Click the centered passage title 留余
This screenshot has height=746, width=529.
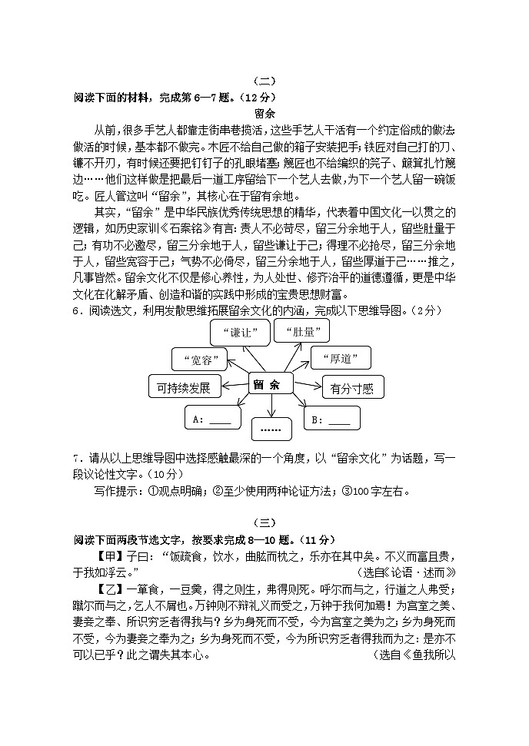tap(264, 112)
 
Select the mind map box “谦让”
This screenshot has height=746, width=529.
tap(239, 332)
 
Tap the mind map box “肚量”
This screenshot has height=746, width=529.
tap(300, 331)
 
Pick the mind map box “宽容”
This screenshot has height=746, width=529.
tap(198, 359)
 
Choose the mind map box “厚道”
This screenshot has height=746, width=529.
tap(340, 358)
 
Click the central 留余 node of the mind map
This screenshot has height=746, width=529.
tap(270, 384)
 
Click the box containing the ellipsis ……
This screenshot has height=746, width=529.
tap(271, 426)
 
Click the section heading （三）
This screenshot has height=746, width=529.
tap(264, 522)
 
